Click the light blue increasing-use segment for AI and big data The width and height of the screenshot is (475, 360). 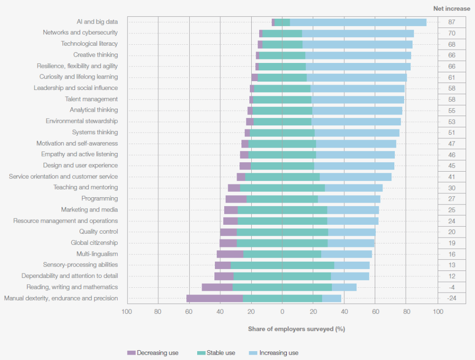tap(358, 22)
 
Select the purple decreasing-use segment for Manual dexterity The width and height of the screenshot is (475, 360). tap(214, 298)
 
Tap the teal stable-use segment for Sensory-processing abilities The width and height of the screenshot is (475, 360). tap(282, 265)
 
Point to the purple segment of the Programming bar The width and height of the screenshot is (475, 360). tap(236, 199)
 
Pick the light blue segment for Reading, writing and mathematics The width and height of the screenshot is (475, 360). tap(344, 287)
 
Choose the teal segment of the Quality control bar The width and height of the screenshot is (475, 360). tap(282, 232)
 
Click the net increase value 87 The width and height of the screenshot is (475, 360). tap(451, 22)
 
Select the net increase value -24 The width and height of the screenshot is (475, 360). tap(451, 298)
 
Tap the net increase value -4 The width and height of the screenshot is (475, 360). tap(451, 287)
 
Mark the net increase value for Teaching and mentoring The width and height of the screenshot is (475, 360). tap(451, 187)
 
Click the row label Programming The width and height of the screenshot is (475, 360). tap(99, 199)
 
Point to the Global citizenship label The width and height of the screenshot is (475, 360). tap(94, 243)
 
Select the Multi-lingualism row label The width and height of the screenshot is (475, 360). tap(97, 254)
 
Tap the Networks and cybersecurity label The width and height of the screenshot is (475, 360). tap(80, 33)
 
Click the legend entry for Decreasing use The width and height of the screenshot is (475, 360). tap(152, 353)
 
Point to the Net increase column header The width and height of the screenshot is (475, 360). tap(451, 8)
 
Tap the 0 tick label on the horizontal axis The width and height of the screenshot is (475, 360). tap(282, 311)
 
